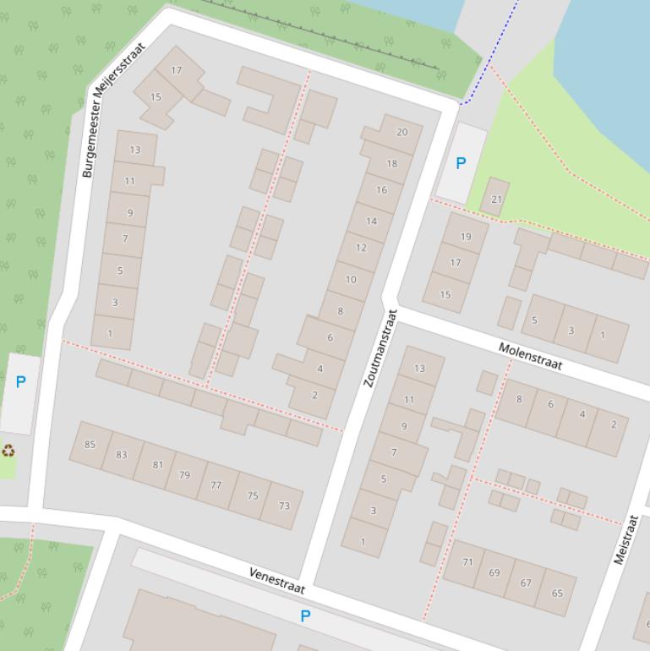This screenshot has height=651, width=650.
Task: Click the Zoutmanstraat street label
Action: coord(380,348)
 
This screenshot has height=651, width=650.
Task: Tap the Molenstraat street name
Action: coord(530,355)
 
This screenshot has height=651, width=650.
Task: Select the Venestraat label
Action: coord(276,580)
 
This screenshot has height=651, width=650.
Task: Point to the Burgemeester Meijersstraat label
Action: coord(113,110)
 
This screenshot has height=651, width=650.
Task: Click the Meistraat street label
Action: coord(625,539)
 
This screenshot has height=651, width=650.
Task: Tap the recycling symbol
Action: coord(8,451)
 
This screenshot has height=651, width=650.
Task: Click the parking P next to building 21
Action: coord(461,164)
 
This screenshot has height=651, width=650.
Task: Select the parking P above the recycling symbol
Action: coord(20,382)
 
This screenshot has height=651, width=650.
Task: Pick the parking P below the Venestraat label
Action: coord(305,616)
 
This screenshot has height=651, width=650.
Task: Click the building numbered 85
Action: coord(90,445)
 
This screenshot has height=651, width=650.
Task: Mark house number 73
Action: coord(283,506)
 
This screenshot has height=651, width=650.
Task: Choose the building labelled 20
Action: coord(401,133)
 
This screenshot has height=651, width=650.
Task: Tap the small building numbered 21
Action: coord(496,200)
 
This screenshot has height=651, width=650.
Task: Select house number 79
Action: coord(184,475)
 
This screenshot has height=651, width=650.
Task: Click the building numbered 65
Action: coord(557,593)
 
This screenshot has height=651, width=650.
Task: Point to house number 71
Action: coord(467,562)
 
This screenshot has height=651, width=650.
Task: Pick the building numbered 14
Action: coord(371,222)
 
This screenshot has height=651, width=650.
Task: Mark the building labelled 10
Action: coord(351,279)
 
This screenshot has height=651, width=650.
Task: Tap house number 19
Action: coord(466,237)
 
